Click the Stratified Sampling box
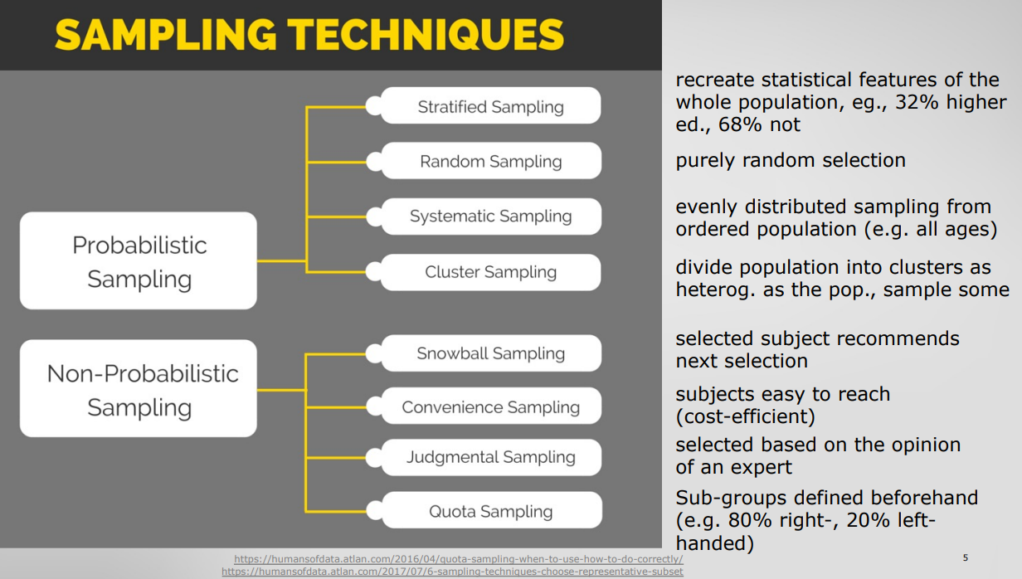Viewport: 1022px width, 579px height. pos(490,106)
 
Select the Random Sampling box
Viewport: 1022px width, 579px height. pos(491,161)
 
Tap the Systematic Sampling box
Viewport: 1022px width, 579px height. pos(491,217)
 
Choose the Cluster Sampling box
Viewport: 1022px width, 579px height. pos(490,272)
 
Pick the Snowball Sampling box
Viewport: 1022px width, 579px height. pos(491,353)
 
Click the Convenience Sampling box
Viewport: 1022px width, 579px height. pos(491,406)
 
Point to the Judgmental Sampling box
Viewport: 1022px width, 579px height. pos(491,457)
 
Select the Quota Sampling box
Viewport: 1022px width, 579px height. pos(491,510)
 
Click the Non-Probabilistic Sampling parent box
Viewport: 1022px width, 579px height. pos(139,388)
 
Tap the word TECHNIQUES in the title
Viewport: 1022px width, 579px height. pos(426,35)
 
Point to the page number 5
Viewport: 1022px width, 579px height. pos(966,557)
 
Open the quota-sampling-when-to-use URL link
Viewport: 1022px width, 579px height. pos(459,559)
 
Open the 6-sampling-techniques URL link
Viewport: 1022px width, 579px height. pos(453,572)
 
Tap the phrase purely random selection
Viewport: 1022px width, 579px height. pos(791,161)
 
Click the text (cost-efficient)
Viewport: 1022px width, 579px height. pos(746,416)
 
